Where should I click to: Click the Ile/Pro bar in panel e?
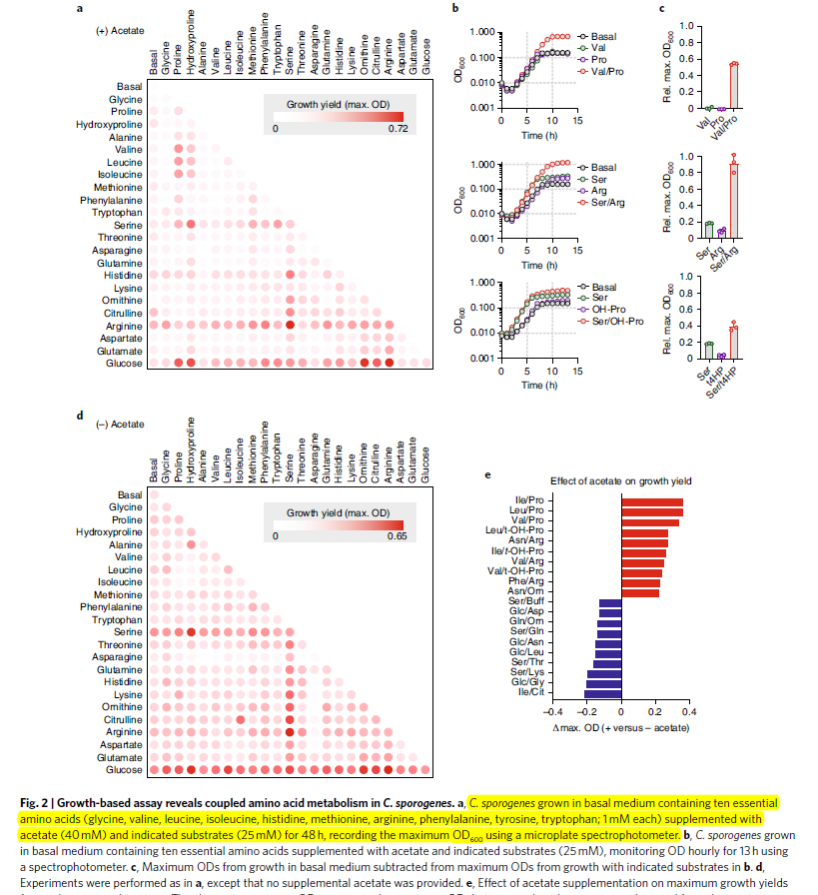pyautogui.click(x=652, y=502)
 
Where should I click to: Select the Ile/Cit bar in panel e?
pyautogui.click(x=603, y=691)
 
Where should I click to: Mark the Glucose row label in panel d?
pyautogui.click(x=124, y=770)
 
